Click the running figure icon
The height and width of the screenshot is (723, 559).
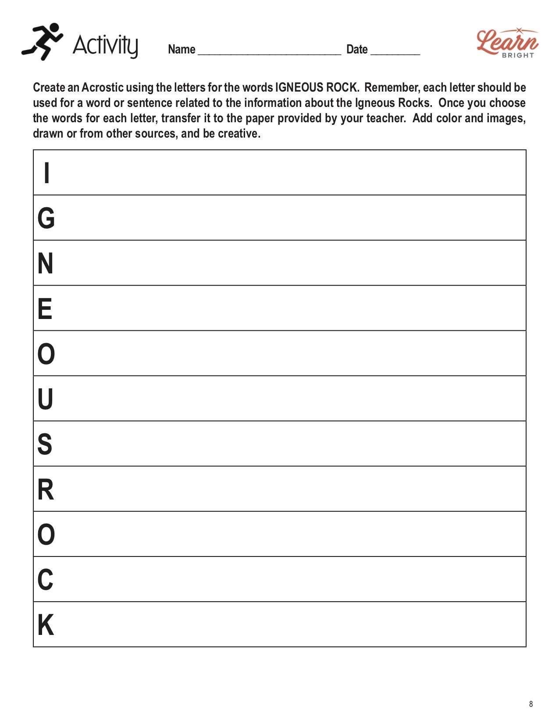click(42, 42)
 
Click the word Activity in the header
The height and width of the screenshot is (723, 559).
click(105, 45)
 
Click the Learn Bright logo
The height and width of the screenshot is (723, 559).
click(507, 43)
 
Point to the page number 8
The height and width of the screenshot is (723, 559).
click(531, 704)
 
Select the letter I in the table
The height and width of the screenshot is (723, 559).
click(46, 173)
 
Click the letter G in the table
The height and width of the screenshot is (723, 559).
click(46, 218)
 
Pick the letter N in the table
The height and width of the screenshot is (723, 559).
click(46, 263)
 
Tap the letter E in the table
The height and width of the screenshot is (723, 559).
click(45, 308)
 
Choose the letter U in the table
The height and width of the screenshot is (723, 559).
click(46, 399)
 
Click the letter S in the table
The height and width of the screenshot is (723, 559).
click(45, 444)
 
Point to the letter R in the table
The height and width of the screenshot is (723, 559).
click(46, 489)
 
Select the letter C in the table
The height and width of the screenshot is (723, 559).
click(46, 579)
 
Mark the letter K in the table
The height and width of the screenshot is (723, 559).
click(46, 625)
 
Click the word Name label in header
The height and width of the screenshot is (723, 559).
click(182, 49)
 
